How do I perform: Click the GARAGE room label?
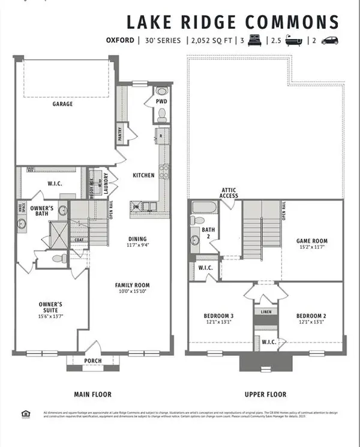62,104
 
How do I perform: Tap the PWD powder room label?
161,101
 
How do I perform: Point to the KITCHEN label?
144,175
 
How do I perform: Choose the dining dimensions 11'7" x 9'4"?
139,245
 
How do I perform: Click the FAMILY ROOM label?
133,285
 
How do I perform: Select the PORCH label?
93,361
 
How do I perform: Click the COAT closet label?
78,240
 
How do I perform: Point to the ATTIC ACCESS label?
229,192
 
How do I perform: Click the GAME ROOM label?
312,241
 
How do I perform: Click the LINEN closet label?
265,313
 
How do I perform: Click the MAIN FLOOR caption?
93,394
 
